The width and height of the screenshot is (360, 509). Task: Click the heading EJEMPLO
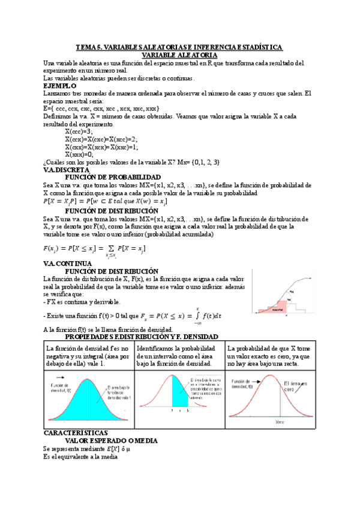pos(60,86)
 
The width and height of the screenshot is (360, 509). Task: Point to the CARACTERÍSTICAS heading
pos(76,432)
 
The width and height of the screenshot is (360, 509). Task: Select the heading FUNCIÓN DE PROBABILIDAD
pos(112,178)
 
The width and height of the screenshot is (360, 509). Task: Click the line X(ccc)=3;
pos(79,131)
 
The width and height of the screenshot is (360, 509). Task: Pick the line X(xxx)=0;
pos(79,154)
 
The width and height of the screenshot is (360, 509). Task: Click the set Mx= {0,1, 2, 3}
pos(206,162)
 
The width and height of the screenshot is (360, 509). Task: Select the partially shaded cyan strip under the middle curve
pos(180,394)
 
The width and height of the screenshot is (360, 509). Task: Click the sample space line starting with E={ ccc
pos(101,109)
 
